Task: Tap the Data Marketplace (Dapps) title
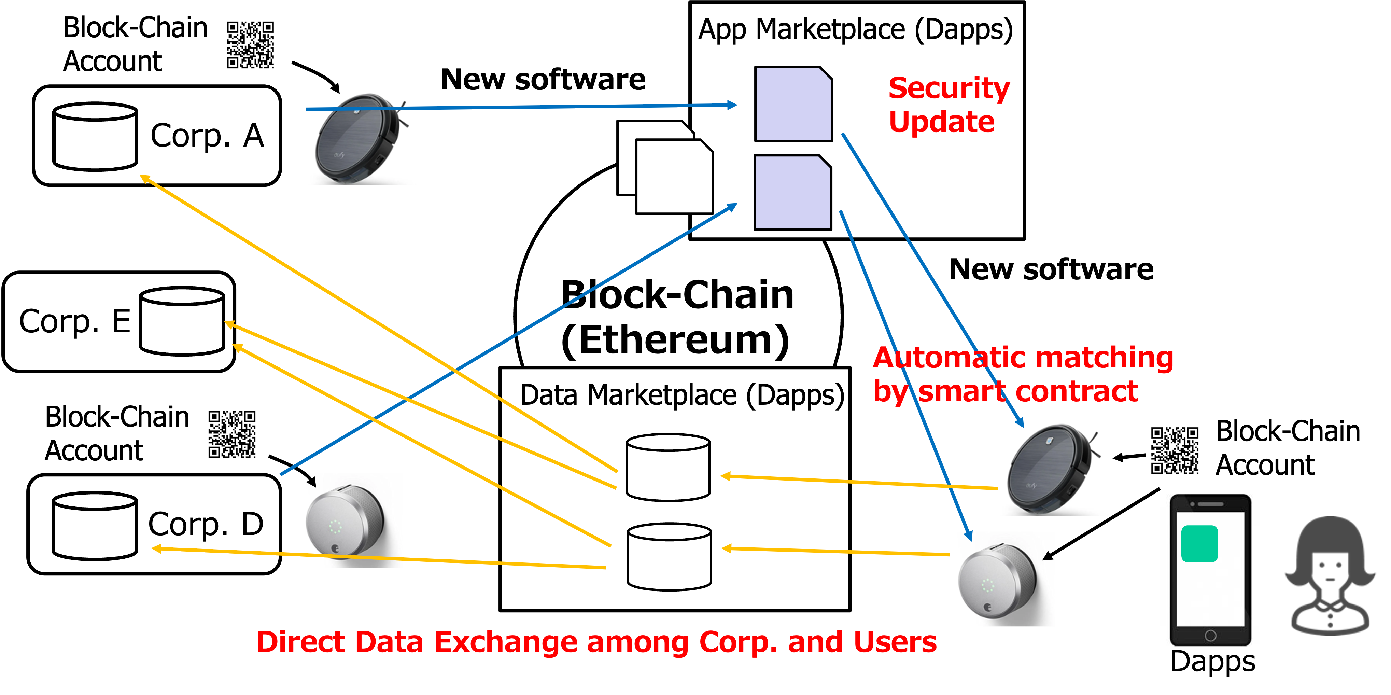point(682,395)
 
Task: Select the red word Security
point(949,88)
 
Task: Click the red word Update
point(941,122)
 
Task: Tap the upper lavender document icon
point(793,104)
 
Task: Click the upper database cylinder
point(668,467)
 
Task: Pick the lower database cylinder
point(669,557)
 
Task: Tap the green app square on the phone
point(1199,544)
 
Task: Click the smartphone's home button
point(1210,636)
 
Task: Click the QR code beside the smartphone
point(1175,451)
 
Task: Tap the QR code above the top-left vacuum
point(250,45)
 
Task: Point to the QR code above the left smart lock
point(231,434)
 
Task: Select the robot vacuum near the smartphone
point(1054,468)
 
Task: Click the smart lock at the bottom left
point(348,520)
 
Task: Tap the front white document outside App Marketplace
point(674,176)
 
